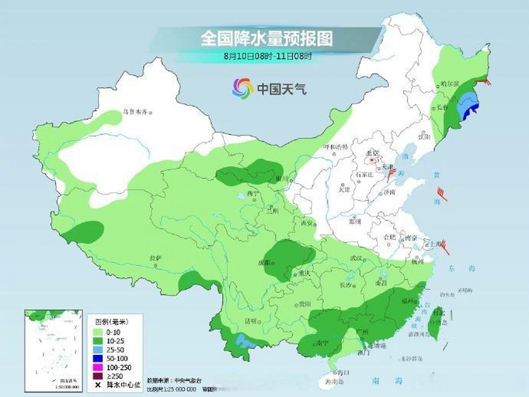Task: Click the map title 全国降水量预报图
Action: [266, 38]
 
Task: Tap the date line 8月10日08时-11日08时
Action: [268, 56]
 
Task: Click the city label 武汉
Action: [356, 258]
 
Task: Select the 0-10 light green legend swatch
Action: [98, 332]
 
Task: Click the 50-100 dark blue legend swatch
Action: [98, 359]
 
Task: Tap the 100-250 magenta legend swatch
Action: [98, 368]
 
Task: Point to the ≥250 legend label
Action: [114, 376]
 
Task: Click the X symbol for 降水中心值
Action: [98, 385]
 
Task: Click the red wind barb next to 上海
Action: [445, 247]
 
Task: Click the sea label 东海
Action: [461, 269]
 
